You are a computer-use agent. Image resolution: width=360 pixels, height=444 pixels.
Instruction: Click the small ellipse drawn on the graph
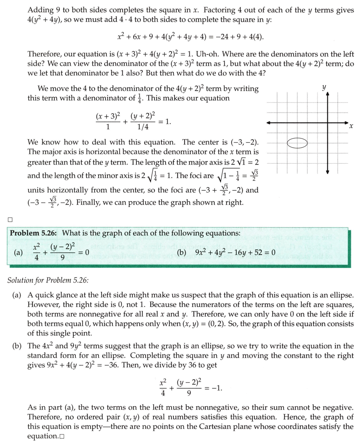pos(297,143)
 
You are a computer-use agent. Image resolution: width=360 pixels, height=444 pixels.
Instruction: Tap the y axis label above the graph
pos(324,88)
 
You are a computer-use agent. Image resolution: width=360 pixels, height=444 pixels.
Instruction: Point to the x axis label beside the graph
pos(351,127)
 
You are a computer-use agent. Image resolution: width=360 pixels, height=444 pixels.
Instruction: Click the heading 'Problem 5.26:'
pos(33,233)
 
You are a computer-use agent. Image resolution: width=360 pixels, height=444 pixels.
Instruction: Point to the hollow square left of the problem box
pos(10,219)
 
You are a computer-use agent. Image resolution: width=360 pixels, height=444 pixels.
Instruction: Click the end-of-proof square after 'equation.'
pos(62,436)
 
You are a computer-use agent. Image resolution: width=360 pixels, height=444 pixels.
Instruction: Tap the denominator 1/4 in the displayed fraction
pos(142,127)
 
